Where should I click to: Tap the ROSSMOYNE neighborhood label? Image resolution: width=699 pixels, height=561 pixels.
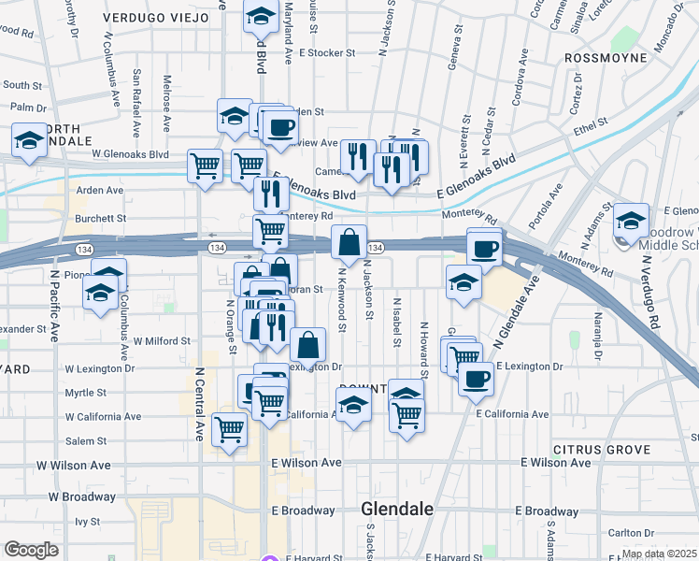click(606, 57)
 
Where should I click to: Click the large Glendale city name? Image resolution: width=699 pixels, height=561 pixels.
click(397, 510)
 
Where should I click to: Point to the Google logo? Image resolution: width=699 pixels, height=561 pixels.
click(31, 550)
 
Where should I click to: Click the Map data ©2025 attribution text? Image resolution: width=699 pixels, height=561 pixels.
click(658, 554)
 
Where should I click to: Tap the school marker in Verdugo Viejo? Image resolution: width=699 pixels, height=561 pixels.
click(260, 16)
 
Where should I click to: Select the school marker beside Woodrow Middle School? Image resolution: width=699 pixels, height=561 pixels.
click(632, 223)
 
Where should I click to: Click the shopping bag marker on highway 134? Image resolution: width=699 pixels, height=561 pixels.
click(349, 243)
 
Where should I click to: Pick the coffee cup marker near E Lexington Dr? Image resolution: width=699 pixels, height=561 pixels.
click(476, 379)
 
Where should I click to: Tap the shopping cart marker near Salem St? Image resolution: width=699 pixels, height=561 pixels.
click(230, 431)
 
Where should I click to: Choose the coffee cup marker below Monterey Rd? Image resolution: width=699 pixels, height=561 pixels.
click(484, 249)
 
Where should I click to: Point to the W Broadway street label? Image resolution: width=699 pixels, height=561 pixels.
click(82, 496)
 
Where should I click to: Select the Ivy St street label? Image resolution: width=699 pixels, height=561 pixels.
click(87, 521)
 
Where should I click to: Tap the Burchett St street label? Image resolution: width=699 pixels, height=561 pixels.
click(101, 218)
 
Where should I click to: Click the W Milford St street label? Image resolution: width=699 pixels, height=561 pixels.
click(162, 342)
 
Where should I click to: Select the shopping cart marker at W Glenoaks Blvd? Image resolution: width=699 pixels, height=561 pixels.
click(205, 167)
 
